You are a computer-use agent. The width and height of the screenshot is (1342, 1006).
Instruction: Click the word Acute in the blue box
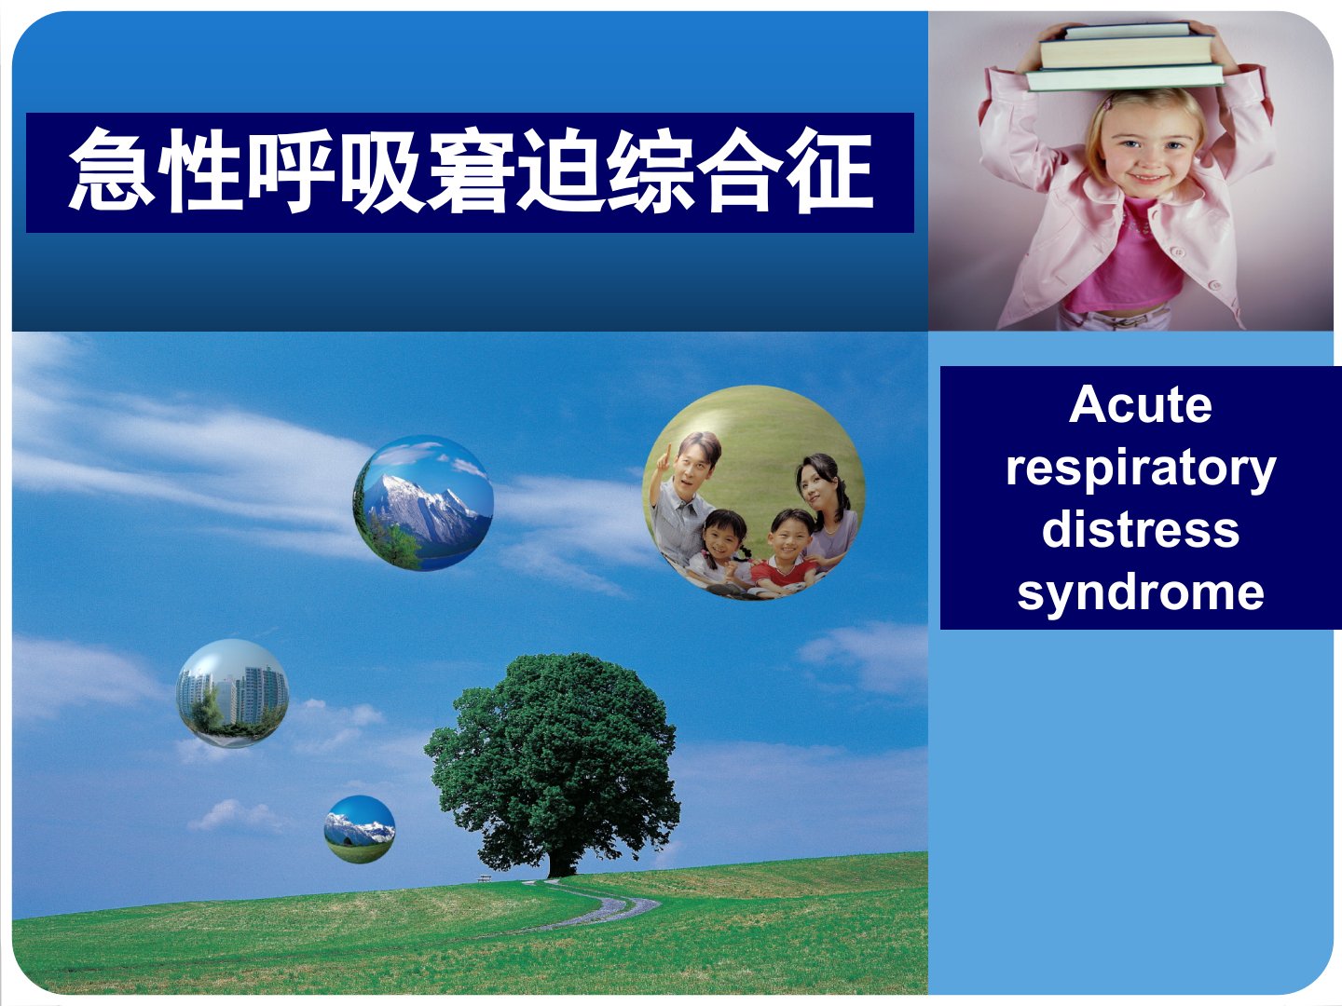[x=1141, y=405]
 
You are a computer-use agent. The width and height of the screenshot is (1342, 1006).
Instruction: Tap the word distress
[x=1141, y=530]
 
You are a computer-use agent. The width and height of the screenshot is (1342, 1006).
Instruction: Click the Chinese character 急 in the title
[x=111, y=170]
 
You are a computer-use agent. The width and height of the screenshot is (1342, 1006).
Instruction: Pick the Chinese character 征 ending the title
[x=829, y=170]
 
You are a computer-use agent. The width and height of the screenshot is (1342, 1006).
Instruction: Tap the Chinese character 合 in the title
[x=740, y=170]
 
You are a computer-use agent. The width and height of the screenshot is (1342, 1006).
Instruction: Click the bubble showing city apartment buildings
[x=232, y=693]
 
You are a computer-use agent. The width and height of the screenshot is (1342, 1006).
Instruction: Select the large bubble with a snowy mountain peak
[x=423, y=503]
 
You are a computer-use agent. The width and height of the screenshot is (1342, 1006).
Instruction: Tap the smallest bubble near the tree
[x=360, y=829]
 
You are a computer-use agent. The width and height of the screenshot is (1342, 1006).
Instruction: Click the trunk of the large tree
[x=561, y=863]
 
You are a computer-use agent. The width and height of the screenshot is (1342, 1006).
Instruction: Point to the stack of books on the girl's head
[x=1126, y=57]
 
